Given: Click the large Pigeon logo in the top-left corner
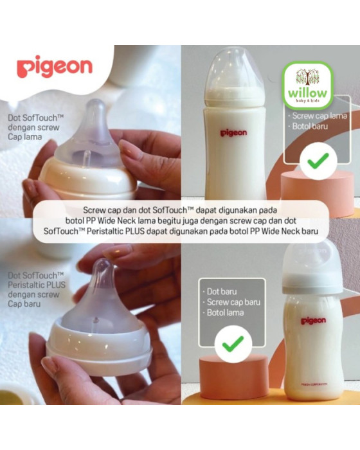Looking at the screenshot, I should pos(54,67).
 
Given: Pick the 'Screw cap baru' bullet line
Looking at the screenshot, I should pos(231,302).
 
